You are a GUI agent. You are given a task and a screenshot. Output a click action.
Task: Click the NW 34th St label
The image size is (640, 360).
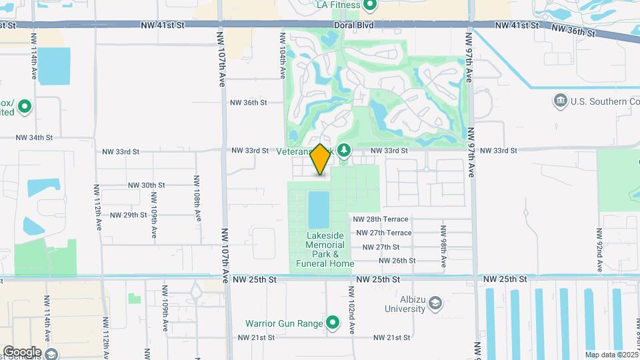(x=34, y=137)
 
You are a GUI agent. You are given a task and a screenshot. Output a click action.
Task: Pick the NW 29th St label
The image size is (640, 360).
(x=129, y=215)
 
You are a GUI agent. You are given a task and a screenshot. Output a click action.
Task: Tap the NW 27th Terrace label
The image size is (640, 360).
(x=384, y=233)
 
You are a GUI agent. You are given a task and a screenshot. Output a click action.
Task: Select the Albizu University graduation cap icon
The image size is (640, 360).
(x=435, y=304)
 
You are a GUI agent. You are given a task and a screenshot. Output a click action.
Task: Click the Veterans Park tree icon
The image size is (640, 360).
(x=344, y=151)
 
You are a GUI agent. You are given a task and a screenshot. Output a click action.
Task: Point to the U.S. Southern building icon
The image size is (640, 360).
(x=560, y=101)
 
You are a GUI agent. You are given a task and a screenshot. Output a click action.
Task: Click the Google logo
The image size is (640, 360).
(x=22, y=351)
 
